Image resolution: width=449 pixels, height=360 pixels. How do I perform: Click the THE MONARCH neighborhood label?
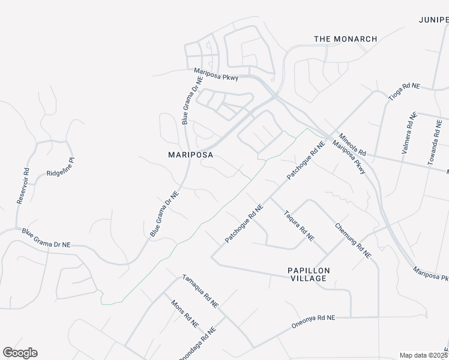(346, 39)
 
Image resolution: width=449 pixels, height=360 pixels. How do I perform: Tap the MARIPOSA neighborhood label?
(191, 154)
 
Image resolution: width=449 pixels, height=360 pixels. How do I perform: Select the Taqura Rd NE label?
(299, 225)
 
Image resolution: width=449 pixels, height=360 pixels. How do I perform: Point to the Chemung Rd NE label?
(353, 241)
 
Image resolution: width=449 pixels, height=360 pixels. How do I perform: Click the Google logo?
(20, 353)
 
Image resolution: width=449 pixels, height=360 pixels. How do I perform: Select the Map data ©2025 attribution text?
(423, 355)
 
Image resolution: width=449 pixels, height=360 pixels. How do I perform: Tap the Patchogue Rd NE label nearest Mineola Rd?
(306, 161)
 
